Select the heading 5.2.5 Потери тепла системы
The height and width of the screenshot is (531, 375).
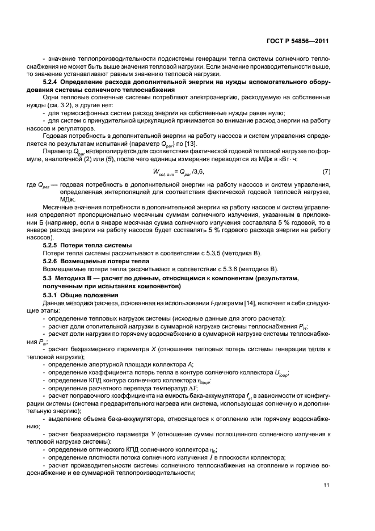click(87, 245)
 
